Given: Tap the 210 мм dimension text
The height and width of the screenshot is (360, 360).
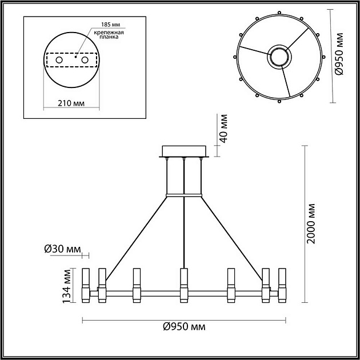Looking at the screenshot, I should coord(71,103).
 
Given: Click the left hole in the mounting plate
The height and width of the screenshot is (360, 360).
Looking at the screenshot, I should coord(58,60).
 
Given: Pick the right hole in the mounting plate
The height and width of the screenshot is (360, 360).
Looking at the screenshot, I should coord(85,60).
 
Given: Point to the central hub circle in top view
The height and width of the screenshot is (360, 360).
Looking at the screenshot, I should coord(279,57).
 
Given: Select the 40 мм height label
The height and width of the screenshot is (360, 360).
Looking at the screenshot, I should coord(223,129).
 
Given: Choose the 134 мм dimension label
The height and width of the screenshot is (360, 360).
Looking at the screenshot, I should coord(67,285).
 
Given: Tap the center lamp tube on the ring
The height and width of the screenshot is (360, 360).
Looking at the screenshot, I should coord(183,285).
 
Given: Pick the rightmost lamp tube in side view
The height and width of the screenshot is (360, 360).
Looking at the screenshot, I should coord(281,285).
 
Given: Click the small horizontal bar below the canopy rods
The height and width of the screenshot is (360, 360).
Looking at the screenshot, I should coord(184,196).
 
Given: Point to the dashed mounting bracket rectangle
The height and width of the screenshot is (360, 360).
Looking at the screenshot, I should coord(71,60).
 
